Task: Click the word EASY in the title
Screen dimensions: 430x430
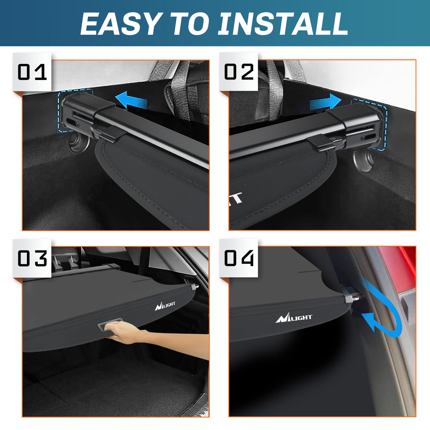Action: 120,24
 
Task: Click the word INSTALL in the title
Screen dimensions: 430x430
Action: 283,24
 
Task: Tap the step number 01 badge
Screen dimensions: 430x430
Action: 32,72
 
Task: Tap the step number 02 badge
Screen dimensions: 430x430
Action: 239,72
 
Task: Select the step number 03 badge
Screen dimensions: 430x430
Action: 32,258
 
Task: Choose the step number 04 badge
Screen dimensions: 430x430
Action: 239,258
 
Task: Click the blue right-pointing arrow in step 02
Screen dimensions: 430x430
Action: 325,102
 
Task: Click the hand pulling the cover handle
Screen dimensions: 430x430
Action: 124,333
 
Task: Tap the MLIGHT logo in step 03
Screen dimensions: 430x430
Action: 165,305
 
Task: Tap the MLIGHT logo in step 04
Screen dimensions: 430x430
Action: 294,318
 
